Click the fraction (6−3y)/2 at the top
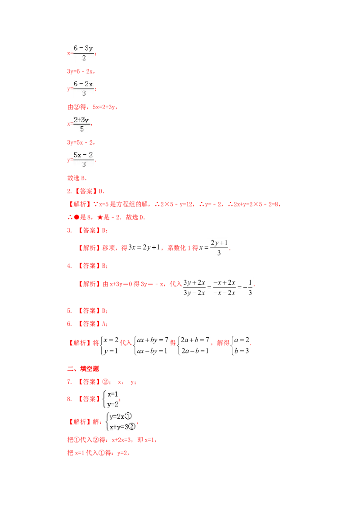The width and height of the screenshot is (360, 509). tap(84, 53)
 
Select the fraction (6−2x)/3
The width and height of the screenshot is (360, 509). tap(84, 88)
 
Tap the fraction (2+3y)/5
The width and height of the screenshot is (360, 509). tap(81, 124)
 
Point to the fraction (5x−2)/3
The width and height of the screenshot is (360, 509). tap(84, 159)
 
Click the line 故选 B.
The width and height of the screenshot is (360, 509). tap(77, 178)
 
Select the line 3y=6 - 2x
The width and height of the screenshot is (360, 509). tap(81, 71)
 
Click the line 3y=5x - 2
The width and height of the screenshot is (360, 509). tap(81, 143)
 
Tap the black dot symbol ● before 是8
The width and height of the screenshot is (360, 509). tap(76, 217)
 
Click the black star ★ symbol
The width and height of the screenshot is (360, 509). tap(100, 217)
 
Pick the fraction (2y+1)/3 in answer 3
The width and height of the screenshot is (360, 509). tap(219, 248)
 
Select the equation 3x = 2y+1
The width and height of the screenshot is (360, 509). tap(144, 247)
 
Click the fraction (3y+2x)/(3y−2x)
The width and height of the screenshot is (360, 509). tap(194, 287)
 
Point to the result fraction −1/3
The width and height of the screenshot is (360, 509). tap(248, 287)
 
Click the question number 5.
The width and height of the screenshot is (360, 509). tap(69, 311)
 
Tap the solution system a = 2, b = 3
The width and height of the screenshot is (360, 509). tap(241, 345)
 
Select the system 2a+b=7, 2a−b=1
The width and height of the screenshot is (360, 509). tap(193, 345)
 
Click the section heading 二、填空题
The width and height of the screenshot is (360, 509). tap(83, 369)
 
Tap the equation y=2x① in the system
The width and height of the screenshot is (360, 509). tap(120, 416)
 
